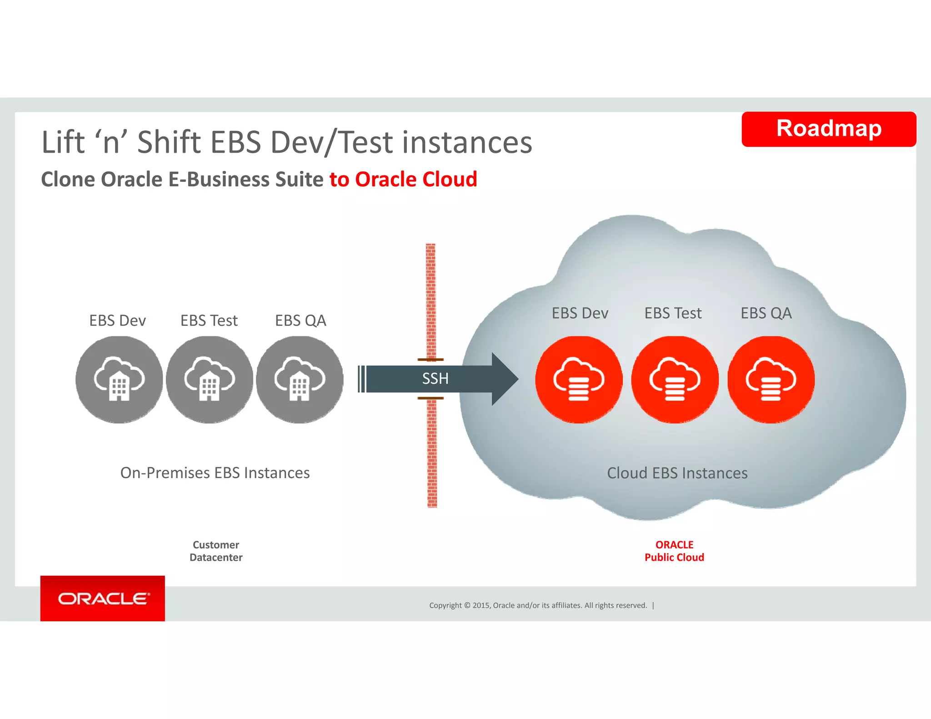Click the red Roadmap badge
coord(828,129)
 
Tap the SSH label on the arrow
coord(435,379)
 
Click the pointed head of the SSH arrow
coord(505,379)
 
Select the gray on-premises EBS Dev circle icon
coord(119,379)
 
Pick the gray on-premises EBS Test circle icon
coord(209,379)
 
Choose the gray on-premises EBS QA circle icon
coord(300,379)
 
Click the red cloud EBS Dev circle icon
coord(579,379)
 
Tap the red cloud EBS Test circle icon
coord(675,379)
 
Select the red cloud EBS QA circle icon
coord(771,379)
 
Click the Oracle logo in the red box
coord(103,599)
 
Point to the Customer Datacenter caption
coord(216,551)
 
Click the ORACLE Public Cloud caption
coord(674,551)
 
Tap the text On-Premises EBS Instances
coord(215,473)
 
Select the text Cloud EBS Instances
coord(677,473)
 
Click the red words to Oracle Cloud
coord(403,179)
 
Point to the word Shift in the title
coord(169,142)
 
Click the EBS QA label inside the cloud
coord(766,313)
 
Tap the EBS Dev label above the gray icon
coord(117,320)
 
